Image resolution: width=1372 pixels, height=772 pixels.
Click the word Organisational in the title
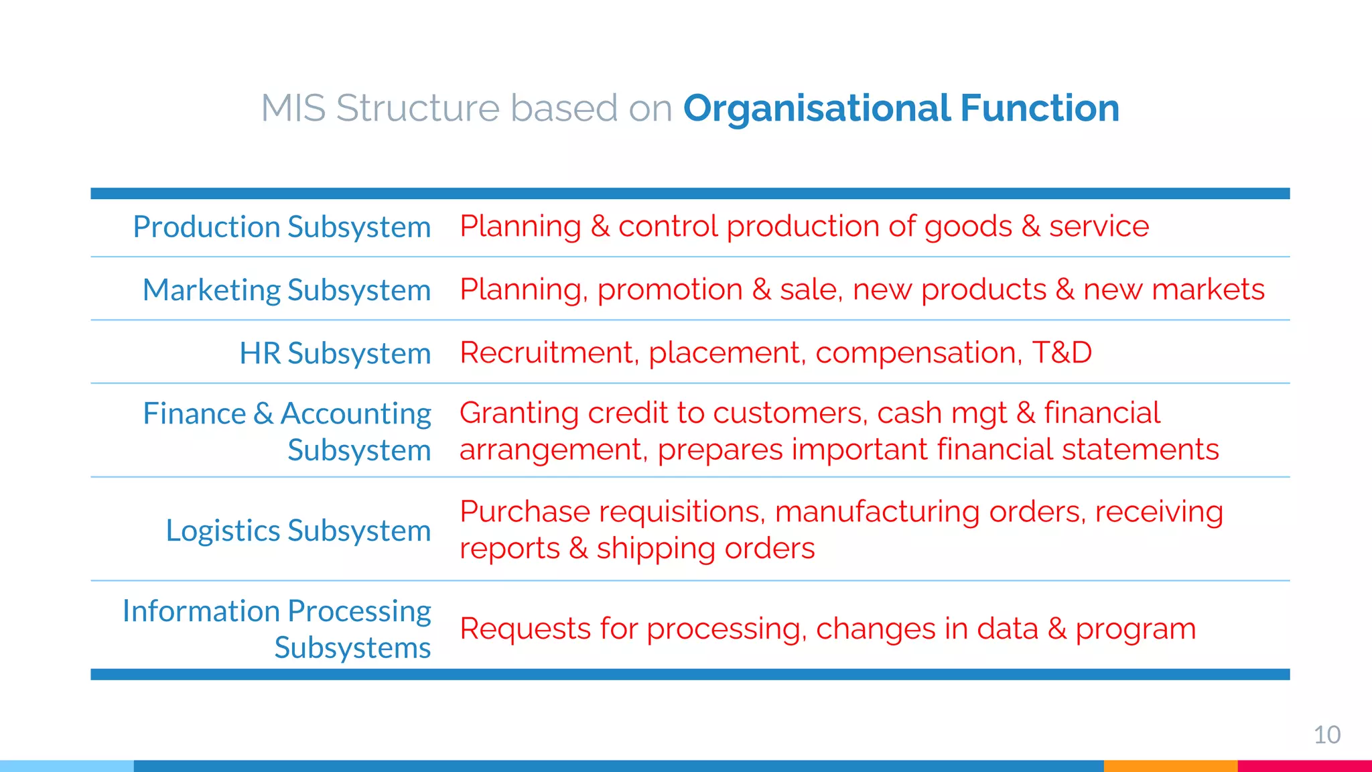817,109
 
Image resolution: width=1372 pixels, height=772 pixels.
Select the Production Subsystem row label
281,227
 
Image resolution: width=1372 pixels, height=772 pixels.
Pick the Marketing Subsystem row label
287,290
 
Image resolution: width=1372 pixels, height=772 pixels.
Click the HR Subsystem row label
335,353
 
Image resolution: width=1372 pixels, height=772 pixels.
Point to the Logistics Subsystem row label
298,531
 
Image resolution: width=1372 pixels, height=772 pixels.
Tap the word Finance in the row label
194,413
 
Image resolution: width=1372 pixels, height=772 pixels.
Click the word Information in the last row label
201,611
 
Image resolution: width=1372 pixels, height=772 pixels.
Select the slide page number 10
1326,735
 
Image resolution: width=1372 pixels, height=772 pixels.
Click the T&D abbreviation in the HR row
1062,352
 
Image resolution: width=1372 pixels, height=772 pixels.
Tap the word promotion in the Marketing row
670,290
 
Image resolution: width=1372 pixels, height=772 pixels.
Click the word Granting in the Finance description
519,413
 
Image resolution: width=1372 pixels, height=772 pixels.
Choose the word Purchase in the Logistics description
525,512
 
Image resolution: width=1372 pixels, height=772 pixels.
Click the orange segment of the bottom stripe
1170,766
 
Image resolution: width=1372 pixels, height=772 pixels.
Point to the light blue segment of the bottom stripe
67,766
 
